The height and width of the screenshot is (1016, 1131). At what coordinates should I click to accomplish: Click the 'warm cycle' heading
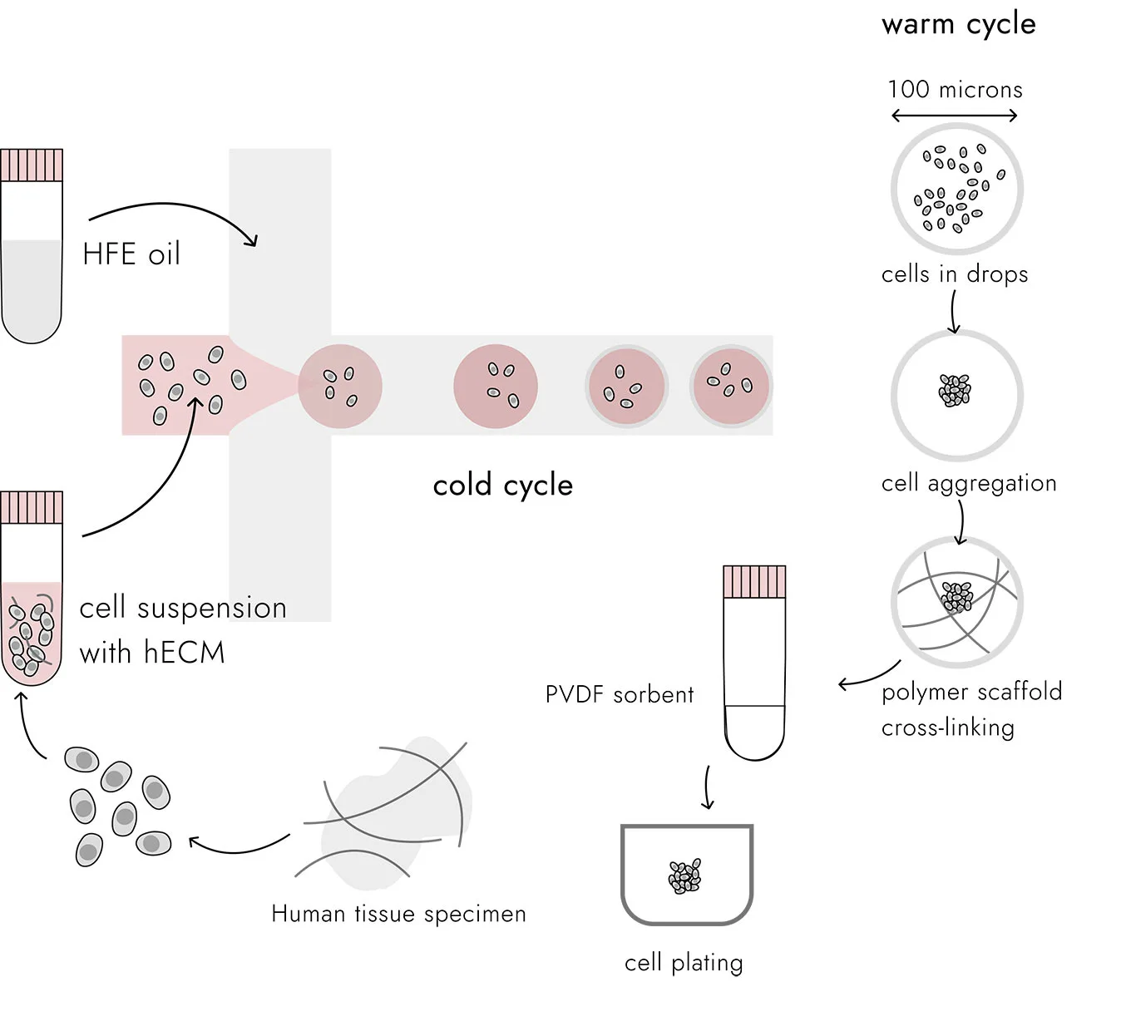click(958, 24)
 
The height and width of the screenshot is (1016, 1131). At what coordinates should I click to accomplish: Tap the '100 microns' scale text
click(955, 90)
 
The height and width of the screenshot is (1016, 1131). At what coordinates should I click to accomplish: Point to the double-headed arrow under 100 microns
click(955, 116)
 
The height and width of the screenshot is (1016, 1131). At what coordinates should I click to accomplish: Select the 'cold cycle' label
click(502, 486)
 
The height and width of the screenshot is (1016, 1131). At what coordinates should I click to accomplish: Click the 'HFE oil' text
click(131, 254)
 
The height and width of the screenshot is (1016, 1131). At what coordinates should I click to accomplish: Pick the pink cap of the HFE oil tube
click(32, 165)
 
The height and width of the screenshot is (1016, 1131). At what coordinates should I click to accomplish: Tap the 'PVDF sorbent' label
click(619, 695)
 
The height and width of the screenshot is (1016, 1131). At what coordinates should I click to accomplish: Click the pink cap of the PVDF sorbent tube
click(754, 582)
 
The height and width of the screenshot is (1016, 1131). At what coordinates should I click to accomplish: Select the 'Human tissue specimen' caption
click(398, 915)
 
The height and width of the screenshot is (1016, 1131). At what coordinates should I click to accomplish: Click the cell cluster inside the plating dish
click(685, 876)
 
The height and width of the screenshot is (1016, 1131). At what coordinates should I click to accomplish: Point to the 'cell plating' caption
click(684, 963)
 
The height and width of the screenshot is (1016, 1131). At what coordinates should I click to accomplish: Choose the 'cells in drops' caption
click(954, 274)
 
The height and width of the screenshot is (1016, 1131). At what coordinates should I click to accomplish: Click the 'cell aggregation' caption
click(969, 483)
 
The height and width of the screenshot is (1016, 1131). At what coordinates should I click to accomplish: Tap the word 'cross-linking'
click(947, 727)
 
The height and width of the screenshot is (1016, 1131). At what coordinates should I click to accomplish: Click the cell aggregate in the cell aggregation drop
click(955, 389)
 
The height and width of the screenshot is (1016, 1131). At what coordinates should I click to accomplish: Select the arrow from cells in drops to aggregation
click(954, 313)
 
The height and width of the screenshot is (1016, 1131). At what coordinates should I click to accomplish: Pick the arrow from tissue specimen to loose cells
click(239, 846)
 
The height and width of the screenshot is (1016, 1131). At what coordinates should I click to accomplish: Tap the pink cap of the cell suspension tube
click(32, 507)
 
